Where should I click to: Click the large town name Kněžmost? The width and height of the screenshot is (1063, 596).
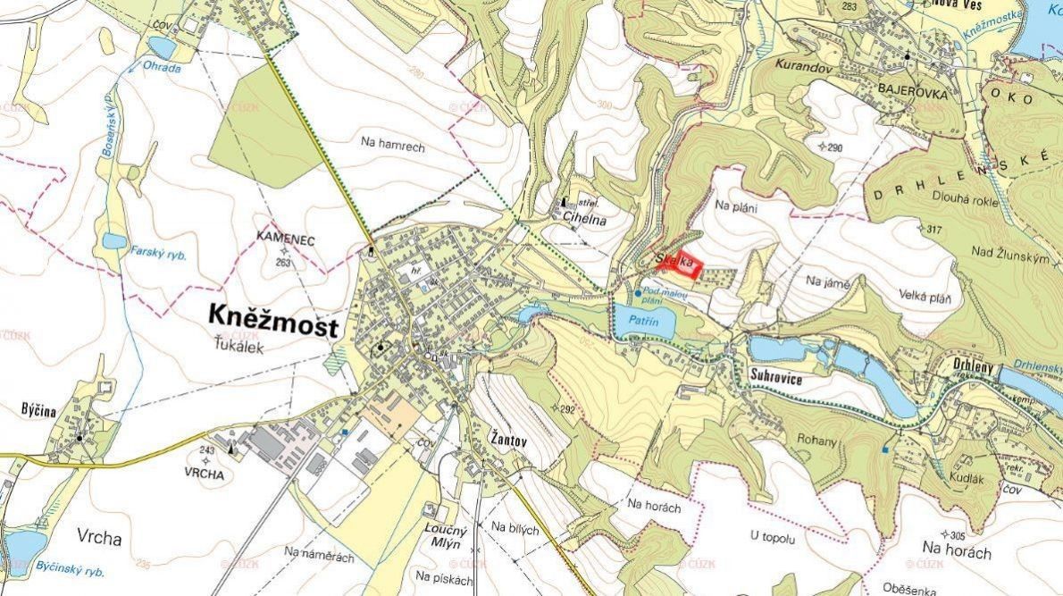[273, 319]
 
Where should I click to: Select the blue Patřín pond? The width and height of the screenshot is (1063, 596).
[643, 322]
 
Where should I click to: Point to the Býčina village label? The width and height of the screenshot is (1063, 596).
[39, 411]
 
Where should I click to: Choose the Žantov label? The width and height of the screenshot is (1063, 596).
[508, 438]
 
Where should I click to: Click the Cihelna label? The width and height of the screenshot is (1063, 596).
[585, 218]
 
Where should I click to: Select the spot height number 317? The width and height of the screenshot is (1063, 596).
[934, 230]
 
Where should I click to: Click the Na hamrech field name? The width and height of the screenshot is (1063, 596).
[393, 141]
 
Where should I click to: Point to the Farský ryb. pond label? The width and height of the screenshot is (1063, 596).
[158, 254]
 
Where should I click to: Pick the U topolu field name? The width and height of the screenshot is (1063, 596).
[774, 536]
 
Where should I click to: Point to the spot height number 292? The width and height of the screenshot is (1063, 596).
[566, 409]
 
